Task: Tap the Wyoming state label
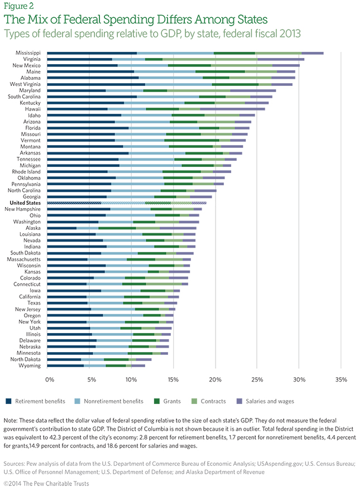point(30,365)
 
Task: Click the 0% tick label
point(49,380)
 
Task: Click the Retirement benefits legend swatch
point(8,401)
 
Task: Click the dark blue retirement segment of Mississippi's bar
point(92,53)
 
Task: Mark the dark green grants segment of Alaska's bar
point(117,228)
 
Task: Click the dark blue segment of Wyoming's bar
point(65,365)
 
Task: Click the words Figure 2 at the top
point(17,7)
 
